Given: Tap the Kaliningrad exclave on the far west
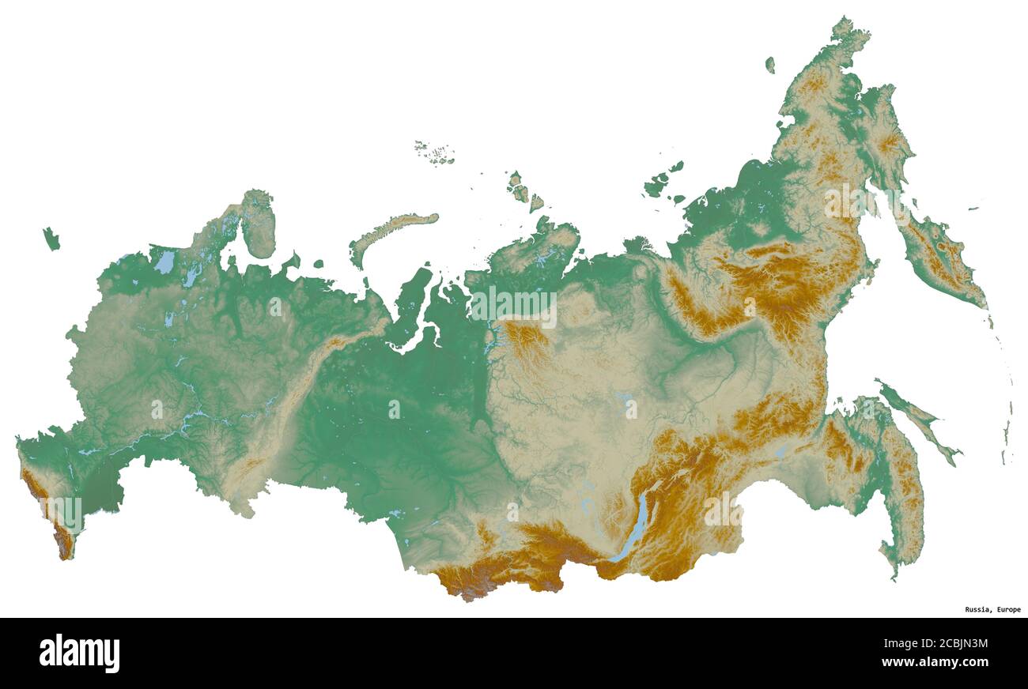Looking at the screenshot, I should (x=51, y=238).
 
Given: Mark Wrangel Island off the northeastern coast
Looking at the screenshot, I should (x=769, y=65).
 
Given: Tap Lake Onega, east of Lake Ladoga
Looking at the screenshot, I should (x=192, y=274).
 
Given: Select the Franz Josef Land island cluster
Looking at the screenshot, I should (x=435, y=153).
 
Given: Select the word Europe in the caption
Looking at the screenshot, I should (x=1008, y=609).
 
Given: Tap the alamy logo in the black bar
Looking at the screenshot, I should (x=79, y=653).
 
